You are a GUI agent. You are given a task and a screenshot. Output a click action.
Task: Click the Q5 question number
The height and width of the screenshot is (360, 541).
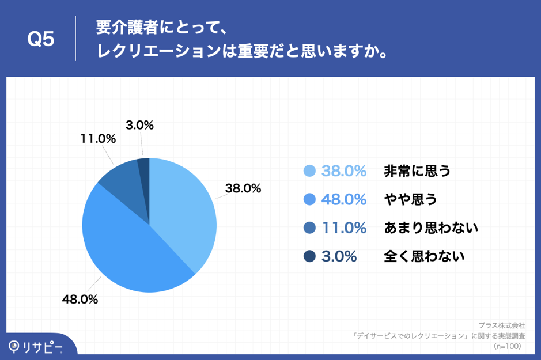coord(41,39)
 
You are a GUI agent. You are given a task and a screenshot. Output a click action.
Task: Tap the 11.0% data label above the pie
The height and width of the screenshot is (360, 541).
coord(99,139)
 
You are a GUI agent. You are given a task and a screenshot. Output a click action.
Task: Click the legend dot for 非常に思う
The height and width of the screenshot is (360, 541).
coord(309,171)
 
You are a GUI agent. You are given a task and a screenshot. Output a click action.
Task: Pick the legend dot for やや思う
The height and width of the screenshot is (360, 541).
coord(309,199)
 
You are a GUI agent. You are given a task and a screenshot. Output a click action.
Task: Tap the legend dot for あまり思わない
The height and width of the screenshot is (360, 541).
coord(309,228)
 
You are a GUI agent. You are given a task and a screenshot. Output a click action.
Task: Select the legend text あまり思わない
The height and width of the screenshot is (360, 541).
coord(431,228)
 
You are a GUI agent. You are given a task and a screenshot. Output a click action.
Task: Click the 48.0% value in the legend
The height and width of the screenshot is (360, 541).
coord(344,199)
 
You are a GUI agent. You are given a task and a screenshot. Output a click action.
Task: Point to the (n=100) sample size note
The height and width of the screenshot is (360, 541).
coord(508,346)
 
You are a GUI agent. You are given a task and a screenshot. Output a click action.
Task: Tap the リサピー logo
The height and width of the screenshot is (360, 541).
coord(36,346)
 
